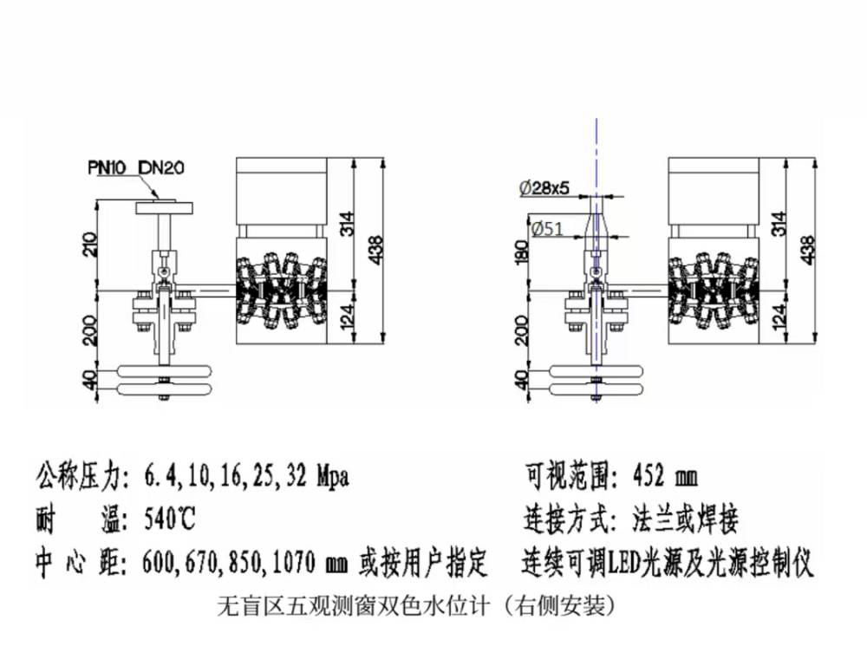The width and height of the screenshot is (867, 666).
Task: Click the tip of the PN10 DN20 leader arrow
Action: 160,199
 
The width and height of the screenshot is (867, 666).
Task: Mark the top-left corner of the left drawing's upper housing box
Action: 237,158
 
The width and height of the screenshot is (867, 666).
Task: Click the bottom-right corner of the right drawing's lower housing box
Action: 759,343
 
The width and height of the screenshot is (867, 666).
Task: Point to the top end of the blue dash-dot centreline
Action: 596,119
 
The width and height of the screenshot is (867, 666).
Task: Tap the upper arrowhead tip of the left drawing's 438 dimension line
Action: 382,159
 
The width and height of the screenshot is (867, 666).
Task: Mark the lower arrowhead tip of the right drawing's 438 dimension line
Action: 815,343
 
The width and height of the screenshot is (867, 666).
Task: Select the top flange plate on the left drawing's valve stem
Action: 165,208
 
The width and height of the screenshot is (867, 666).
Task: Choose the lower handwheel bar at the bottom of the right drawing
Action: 597,389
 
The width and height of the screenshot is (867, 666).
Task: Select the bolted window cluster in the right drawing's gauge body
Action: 714,292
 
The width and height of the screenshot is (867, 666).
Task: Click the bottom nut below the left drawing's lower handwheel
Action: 164,397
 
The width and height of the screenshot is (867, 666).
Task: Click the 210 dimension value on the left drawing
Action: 89,244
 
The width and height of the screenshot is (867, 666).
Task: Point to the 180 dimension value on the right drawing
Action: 522,252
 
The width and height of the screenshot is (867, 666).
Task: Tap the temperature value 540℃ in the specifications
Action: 170,519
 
